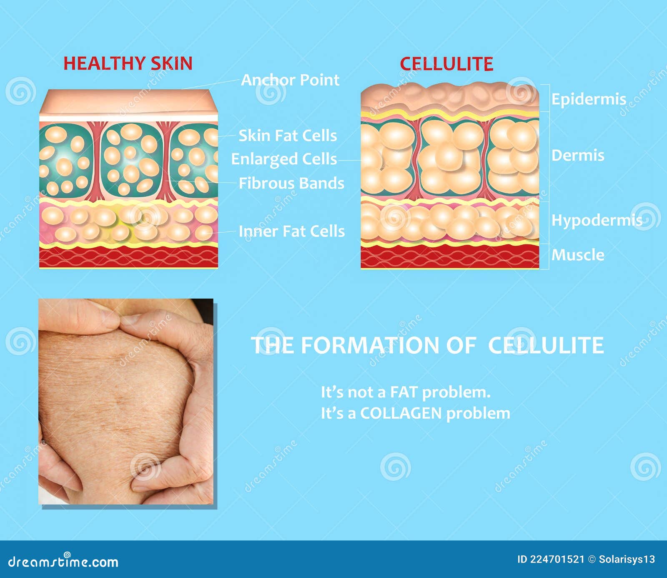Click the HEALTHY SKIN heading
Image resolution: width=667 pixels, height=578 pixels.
click(128, 63)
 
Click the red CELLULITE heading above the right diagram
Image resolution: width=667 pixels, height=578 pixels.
click(446, 64)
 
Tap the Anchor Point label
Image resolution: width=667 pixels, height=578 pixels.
click(290, 80)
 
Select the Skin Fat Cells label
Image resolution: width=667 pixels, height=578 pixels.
click(288, 136)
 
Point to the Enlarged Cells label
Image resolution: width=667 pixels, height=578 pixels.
click(284, 159)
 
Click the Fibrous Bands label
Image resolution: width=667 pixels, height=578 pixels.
click(291, 183)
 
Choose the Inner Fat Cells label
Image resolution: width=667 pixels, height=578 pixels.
click(292, 231)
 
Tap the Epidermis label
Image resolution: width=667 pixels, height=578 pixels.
click(589, 99)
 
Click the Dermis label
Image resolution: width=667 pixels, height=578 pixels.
click(578, 155)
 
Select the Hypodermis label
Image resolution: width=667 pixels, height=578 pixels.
click(597, 220)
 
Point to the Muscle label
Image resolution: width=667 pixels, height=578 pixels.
click(578, 254)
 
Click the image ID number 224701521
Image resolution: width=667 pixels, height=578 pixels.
click(557, 560)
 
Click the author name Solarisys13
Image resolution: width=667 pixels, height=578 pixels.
click(627, 560)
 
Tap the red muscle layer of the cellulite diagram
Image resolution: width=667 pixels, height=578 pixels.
click(450, 257)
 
